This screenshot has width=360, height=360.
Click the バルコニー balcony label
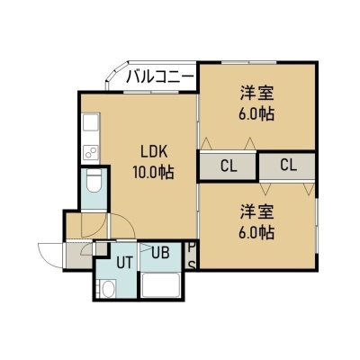pyautogui.click(x=160, y=77)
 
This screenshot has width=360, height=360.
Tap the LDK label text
pyautogui.click(x=154, y=152)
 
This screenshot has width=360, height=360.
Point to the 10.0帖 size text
pyautogui.click(x=154, y=173)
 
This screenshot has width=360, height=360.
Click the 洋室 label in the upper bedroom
pyautogui.click(x=257, y=93)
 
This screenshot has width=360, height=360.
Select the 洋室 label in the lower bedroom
pyautogui.click(x=257, y=211)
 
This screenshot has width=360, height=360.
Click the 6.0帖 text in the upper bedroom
pyautogui.click(x=256, y=113)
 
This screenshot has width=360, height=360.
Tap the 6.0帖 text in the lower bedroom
pyautogui.click(x=256, y=232)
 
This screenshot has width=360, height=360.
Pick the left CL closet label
pyautogui.click(x=229, y=166)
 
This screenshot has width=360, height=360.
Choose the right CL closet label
pyautogui.click(x=289, y=165)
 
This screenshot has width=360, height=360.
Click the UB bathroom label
pyautogui.click(x=161, y=253)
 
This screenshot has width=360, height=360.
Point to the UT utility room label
pyautogui.click(x=124, y=263)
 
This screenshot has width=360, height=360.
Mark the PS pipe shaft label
pyautogui.click(x=192, y=256)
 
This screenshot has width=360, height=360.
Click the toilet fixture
pyautogui.click(x=94, y=181)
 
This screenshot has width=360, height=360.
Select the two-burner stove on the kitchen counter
pyautogui.click(x=91, y=152)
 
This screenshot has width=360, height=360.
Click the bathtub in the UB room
pyautogui.click(x=161, y=285)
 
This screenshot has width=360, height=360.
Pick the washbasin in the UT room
pyautogui.click(x=107, y=289)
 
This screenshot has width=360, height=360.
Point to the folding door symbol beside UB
pyautogui.click(x=147, y=247)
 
